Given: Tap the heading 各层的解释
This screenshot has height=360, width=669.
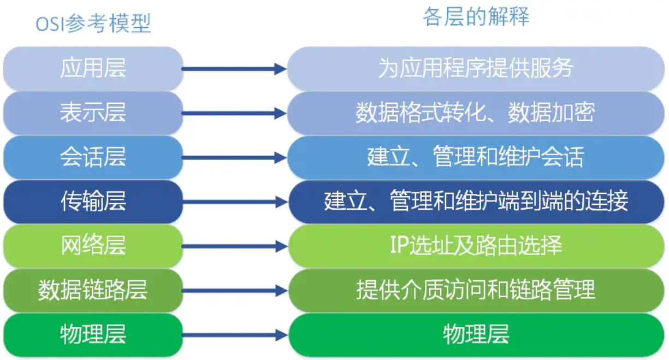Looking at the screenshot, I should coord(476,17).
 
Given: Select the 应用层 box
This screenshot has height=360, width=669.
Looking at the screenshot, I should coord(93,69).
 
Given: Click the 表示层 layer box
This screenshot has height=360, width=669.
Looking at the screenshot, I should coord(93,113).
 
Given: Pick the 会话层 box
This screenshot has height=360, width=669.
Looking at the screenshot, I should coord(93,157).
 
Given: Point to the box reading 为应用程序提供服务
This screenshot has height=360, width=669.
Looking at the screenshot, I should coord(476,69).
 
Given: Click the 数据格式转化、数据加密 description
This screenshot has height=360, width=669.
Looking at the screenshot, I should coord(476,113).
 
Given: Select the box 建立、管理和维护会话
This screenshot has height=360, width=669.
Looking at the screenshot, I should coord(476,157).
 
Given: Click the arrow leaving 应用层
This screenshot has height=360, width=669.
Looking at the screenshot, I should coord(234,69).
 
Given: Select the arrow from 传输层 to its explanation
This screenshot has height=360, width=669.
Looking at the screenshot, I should coord(234,202).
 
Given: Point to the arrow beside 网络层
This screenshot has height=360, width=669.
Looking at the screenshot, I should coord(234,246).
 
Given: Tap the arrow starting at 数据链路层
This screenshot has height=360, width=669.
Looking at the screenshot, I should coord(234,291).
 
